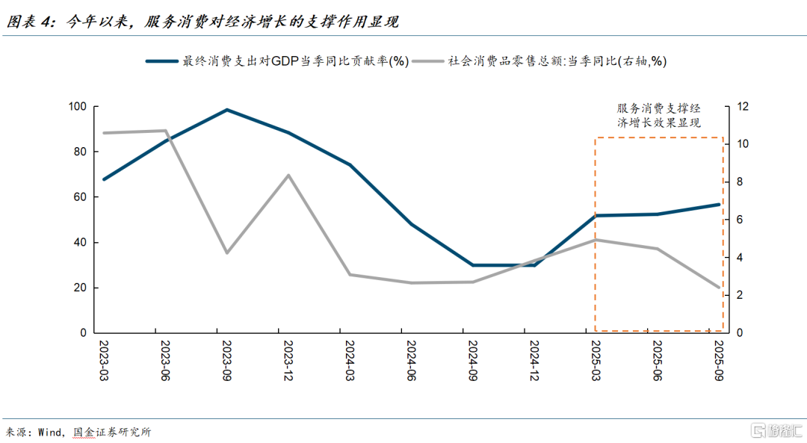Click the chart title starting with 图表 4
tap(202, 22)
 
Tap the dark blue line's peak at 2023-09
tap(226, 110)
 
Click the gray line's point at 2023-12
tap(288, 176)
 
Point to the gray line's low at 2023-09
tap(226, 253)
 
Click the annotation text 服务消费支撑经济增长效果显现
tap(658, 116)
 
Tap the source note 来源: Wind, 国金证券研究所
tap(78, 432)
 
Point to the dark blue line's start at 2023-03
tap(103, 179)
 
